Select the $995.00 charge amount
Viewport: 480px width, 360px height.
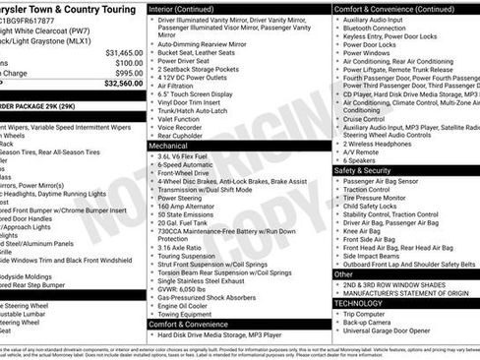[124, 73]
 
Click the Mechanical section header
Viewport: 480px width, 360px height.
[173, 145]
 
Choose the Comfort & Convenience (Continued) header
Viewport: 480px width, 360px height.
[394, 8]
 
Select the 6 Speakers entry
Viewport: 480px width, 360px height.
[366, 160]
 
